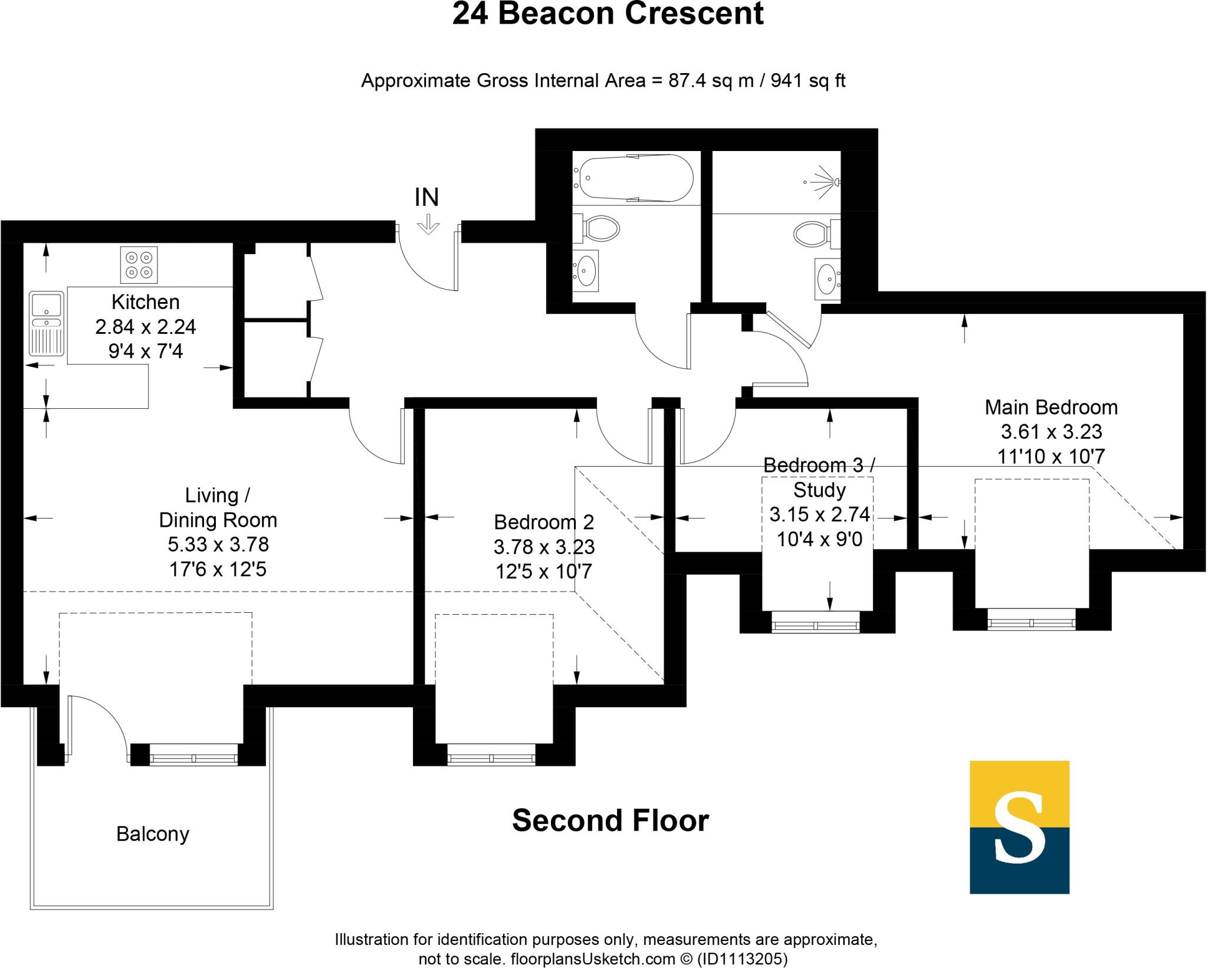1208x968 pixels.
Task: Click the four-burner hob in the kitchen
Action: pyautogui.click(x=139, y=264)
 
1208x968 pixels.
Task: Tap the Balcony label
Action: pyautogui.click(x=153, y=834)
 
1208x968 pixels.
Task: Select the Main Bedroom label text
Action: pyautogui.click(x=1051, y=407)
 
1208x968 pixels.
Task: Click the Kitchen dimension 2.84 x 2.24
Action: pyautogui.click(x=146, y=326)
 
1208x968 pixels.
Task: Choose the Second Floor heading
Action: pyautogui.click(x=610, y=821)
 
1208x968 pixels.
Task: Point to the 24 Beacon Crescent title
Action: pyautogui.click(x=608, y=14)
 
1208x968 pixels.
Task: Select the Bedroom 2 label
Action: pyautogui.click(x=544, y=522)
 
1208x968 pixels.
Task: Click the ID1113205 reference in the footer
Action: pyautogui.click(x=743, y=959)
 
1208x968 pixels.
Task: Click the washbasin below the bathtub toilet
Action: pyautogui.click(x=586, y=271)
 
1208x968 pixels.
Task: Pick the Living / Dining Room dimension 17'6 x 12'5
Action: pyautogui.click(x=218, y=569)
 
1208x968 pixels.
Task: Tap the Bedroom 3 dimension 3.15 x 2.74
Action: pyautogui.click(x=820, y=514)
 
